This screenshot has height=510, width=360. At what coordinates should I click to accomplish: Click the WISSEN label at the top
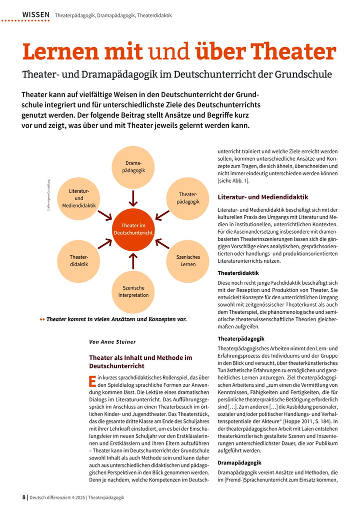coord(36,15)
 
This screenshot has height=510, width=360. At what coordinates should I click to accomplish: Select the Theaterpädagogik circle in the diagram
coord(188,197)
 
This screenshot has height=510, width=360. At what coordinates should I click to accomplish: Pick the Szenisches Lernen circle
coord(188,260)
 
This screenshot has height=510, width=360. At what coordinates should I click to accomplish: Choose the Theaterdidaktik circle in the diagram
coord(78,260)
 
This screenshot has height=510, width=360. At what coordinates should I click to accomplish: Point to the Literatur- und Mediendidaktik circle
coord(78,198)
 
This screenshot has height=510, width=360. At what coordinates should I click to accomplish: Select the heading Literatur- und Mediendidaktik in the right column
coord(263,197)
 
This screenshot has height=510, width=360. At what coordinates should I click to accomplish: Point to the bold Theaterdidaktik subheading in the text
coord(238,273)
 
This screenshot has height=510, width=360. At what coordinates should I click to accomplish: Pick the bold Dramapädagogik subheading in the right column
coord(240,463)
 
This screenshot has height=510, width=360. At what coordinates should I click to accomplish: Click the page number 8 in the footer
coord(24,497)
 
